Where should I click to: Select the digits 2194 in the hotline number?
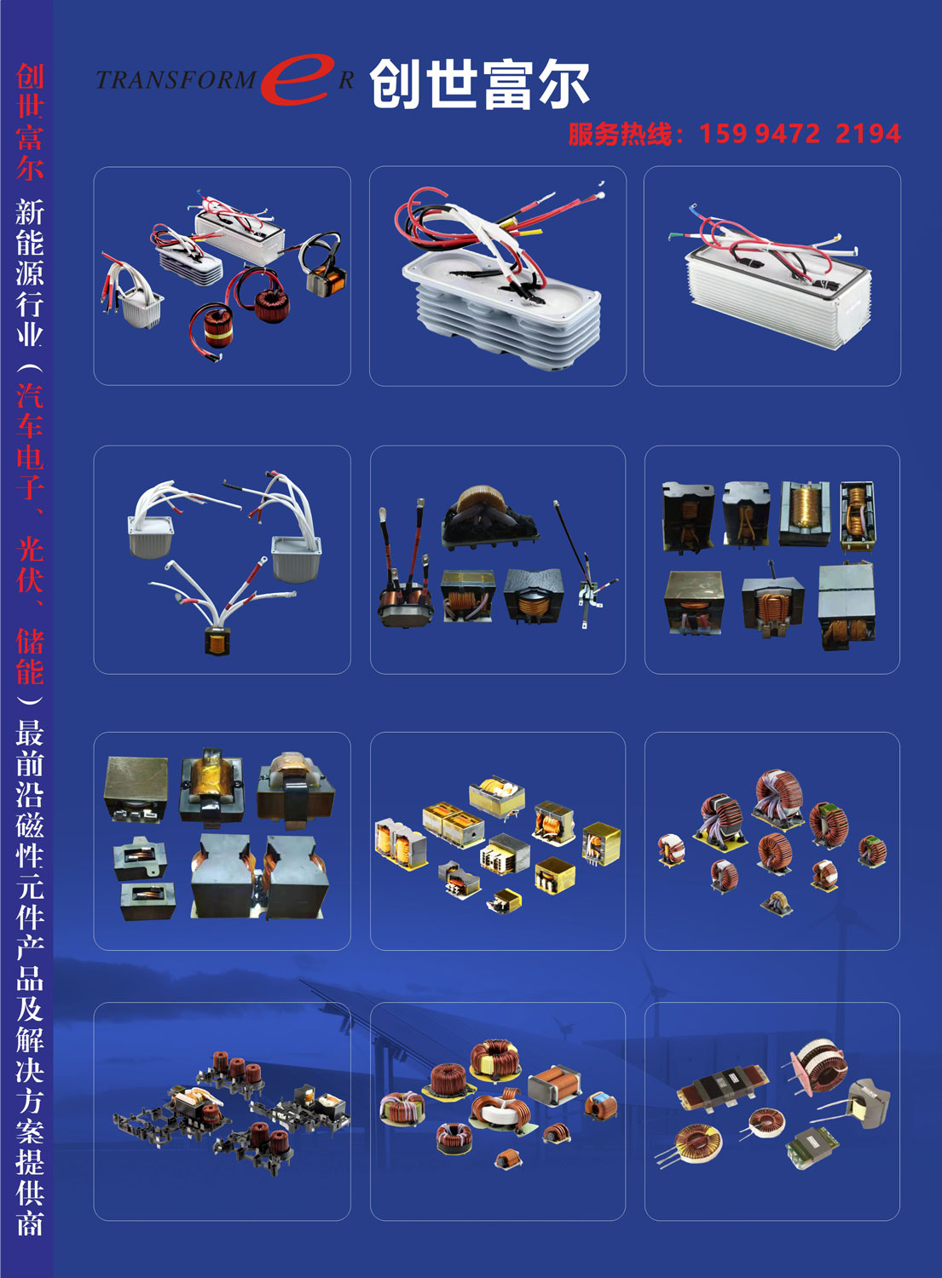[868, 134]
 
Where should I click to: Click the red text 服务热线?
[620, 134]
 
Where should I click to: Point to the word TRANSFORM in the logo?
[176, 80]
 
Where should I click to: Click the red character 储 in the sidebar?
[30, 641]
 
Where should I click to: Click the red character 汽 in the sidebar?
[30, 394]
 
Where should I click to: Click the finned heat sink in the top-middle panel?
[501, 311]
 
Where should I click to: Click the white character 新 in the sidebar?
[30, 211]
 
